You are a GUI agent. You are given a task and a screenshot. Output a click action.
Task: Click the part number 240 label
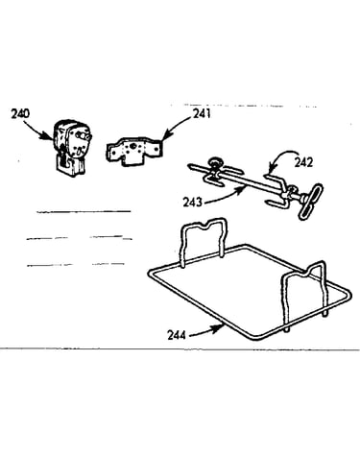tap(20, 113)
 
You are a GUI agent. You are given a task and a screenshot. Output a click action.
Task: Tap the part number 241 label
tap(202, 113)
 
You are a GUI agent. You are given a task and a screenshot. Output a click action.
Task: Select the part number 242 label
tap(303, 162)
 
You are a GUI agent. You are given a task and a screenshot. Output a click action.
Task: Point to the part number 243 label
tap(192, 203)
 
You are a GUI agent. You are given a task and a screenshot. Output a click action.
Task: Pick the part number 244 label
tap(177, 335)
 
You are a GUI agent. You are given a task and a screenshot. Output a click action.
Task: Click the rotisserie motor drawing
tap(70, 148)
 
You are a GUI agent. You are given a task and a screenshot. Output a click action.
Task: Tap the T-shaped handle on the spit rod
tap(310, 202)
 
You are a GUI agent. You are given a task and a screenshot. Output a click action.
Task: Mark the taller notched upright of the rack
tap(204, 240)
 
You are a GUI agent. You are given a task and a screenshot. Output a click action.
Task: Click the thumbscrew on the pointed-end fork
tap(215, 162)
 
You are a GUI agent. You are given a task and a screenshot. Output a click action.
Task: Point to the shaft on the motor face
tap(84, 136)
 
